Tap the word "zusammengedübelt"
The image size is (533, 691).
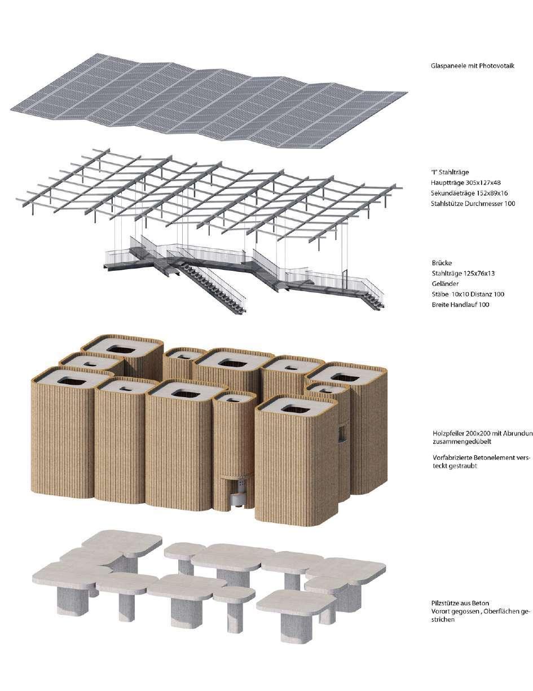[457, 442]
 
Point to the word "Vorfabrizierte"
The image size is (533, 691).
[450, 458]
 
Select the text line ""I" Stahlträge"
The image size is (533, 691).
[450, 173]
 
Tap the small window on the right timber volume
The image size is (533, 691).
[341, 433]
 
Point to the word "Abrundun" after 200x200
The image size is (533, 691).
[517, 433]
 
